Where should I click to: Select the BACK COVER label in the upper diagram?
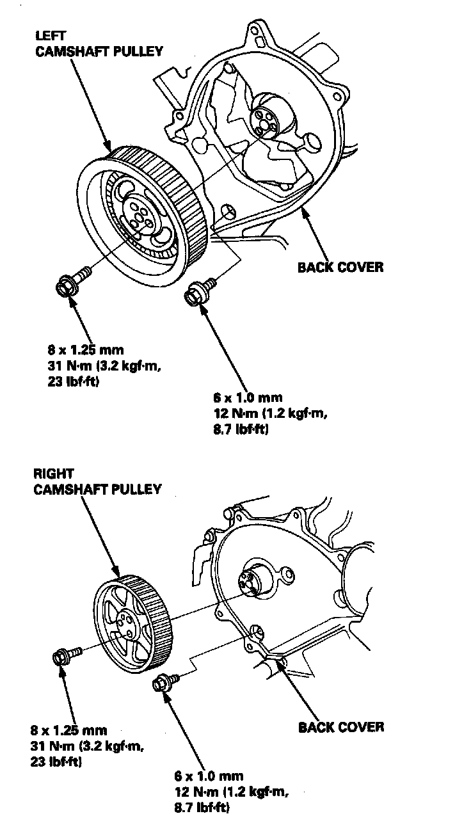340,267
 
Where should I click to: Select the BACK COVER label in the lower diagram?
341,727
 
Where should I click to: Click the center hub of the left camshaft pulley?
138,216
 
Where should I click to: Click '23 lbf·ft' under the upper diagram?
60,381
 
